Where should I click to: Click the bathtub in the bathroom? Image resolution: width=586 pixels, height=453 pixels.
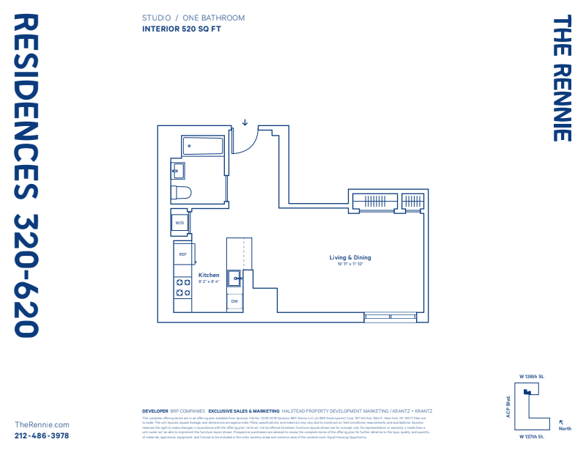tap(202, 146)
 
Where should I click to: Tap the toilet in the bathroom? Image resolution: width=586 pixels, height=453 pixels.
tap(180, 194)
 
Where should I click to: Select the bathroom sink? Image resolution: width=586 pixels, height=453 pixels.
tap(178, 172)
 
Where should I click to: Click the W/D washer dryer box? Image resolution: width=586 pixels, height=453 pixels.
tap(179, 222)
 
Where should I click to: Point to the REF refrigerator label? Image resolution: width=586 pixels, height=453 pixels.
tap(182, 254)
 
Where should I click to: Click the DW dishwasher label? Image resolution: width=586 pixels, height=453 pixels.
tap(234, 301)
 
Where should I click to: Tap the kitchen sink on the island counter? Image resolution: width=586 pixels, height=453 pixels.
tap(234, 278)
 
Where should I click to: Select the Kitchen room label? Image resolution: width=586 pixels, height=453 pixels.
tap(209, 276)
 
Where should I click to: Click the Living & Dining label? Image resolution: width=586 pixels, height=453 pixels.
tap(350, 257)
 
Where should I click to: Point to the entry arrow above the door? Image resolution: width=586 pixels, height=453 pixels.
tap(245, 122)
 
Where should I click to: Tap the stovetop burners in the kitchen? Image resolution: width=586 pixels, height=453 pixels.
tap(182, 288)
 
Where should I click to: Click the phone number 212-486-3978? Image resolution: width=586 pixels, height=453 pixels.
tap(42, 435)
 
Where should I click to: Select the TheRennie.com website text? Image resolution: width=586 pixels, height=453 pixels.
tap(42, 424)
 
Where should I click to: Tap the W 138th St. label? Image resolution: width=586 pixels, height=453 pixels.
tap(532, 376)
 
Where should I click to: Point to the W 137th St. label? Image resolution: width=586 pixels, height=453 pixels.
tap(532, 436)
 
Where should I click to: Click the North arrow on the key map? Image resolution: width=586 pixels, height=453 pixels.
tap(561, 422)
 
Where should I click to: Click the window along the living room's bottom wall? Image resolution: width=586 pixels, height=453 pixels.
tap(390, 317)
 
